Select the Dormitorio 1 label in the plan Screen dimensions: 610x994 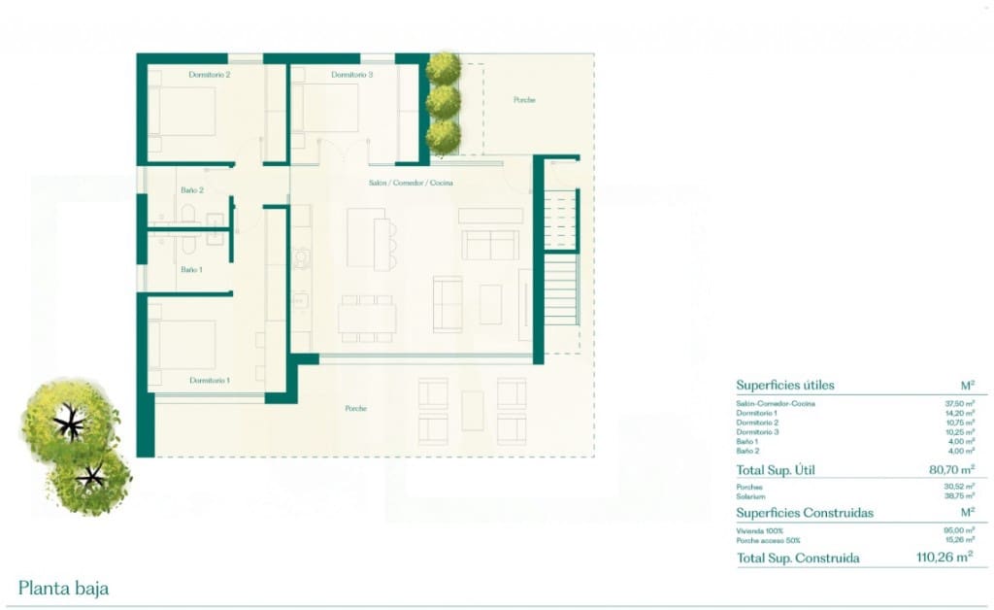coord(209,380)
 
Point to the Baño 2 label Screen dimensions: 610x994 coord(191,190)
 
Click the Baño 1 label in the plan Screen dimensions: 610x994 coord(191,269)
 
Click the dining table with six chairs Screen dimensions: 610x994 coord(367,319)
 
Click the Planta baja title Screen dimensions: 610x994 coord(63,588)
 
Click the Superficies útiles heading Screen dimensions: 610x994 coord(784,385)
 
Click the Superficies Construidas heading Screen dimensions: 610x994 coord(804,512)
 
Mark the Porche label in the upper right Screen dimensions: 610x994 coord(524,100)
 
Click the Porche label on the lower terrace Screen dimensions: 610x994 coord(356,408)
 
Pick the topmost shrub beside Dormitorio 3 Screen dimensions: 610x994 coord(444,68)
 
